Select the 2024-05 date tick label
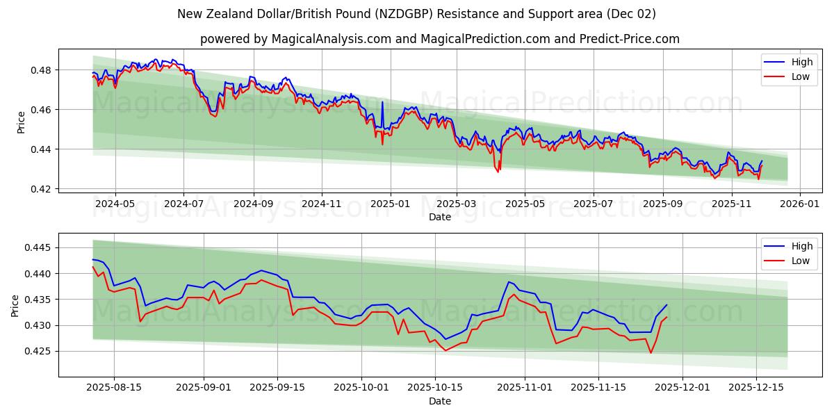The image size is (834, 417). (115, 204)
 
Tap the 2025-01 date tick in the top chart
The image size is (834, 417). (390, 204)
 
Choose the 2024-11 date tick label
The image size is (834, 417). (322, 204)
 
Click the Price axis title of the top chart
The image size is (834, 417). (21, 122)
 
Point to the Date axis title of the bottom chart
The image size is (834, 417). (439, 401)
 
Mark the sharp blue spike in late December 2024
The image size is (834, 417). (382, 102)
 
